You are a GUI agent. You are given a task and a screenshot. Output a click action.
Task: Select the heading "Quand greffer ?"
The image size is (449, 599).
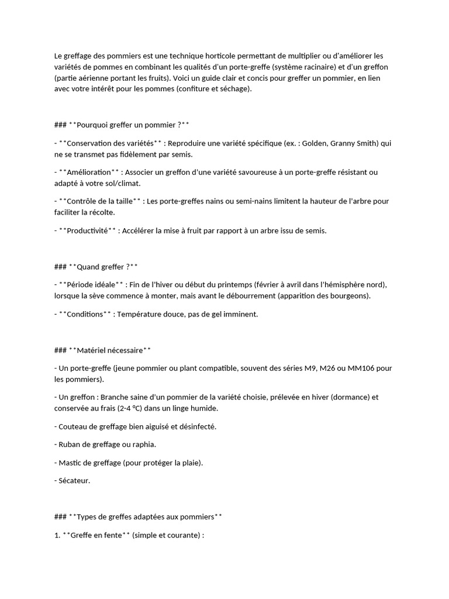click(103, 267)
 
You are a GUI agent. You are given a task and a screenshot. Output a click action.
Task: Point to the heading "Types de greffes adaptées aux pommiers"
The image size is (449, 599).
click(146, 517)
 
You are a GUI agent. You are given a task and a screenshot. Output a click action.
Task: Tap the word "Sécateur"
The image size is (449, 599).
click(75, 481)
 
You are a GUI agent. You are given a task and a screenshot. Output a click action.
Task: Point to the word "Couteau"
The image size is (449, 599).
click(74, 426)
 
